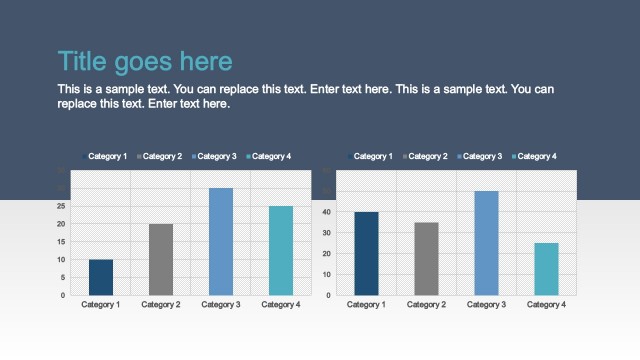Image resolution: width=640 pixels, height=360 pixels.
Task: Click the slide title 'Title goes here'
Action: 145,62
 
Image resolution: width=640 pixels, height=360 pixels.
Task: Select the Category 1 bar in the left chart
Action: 101,277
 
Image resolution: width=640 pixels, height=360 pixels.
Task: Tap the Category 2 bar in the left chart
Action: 161,259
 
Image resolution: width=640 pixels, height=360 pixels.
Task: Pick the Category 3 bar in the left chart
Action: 221,241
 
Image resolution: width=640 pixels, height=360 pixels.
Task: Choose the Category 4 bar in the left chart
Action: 281,250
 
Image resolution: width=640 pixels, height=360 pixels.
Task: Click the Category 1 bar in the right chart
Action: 366,253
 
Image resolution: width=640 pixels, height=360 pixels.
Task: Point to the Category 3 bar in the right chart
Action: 486,243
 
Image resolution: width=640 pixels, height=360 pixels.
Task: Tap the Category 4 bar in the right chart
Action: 546,269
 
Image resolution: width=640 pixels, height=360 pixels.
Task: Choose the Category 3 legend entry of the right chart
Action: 482,156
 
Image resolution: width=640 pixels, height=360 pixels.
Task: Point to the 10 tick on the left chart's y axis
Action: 64,260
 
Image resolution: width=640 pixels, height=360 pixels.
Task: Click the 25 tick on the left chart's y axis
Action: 64,206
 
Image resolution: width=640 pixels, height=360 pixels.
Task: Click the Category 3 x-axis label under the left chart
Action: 221,304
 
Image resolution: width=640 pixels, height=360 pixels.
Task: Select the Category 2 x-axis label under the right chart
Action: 426,304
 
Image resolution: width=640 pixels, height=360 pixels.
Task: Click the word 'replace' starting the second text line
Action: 81,104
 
